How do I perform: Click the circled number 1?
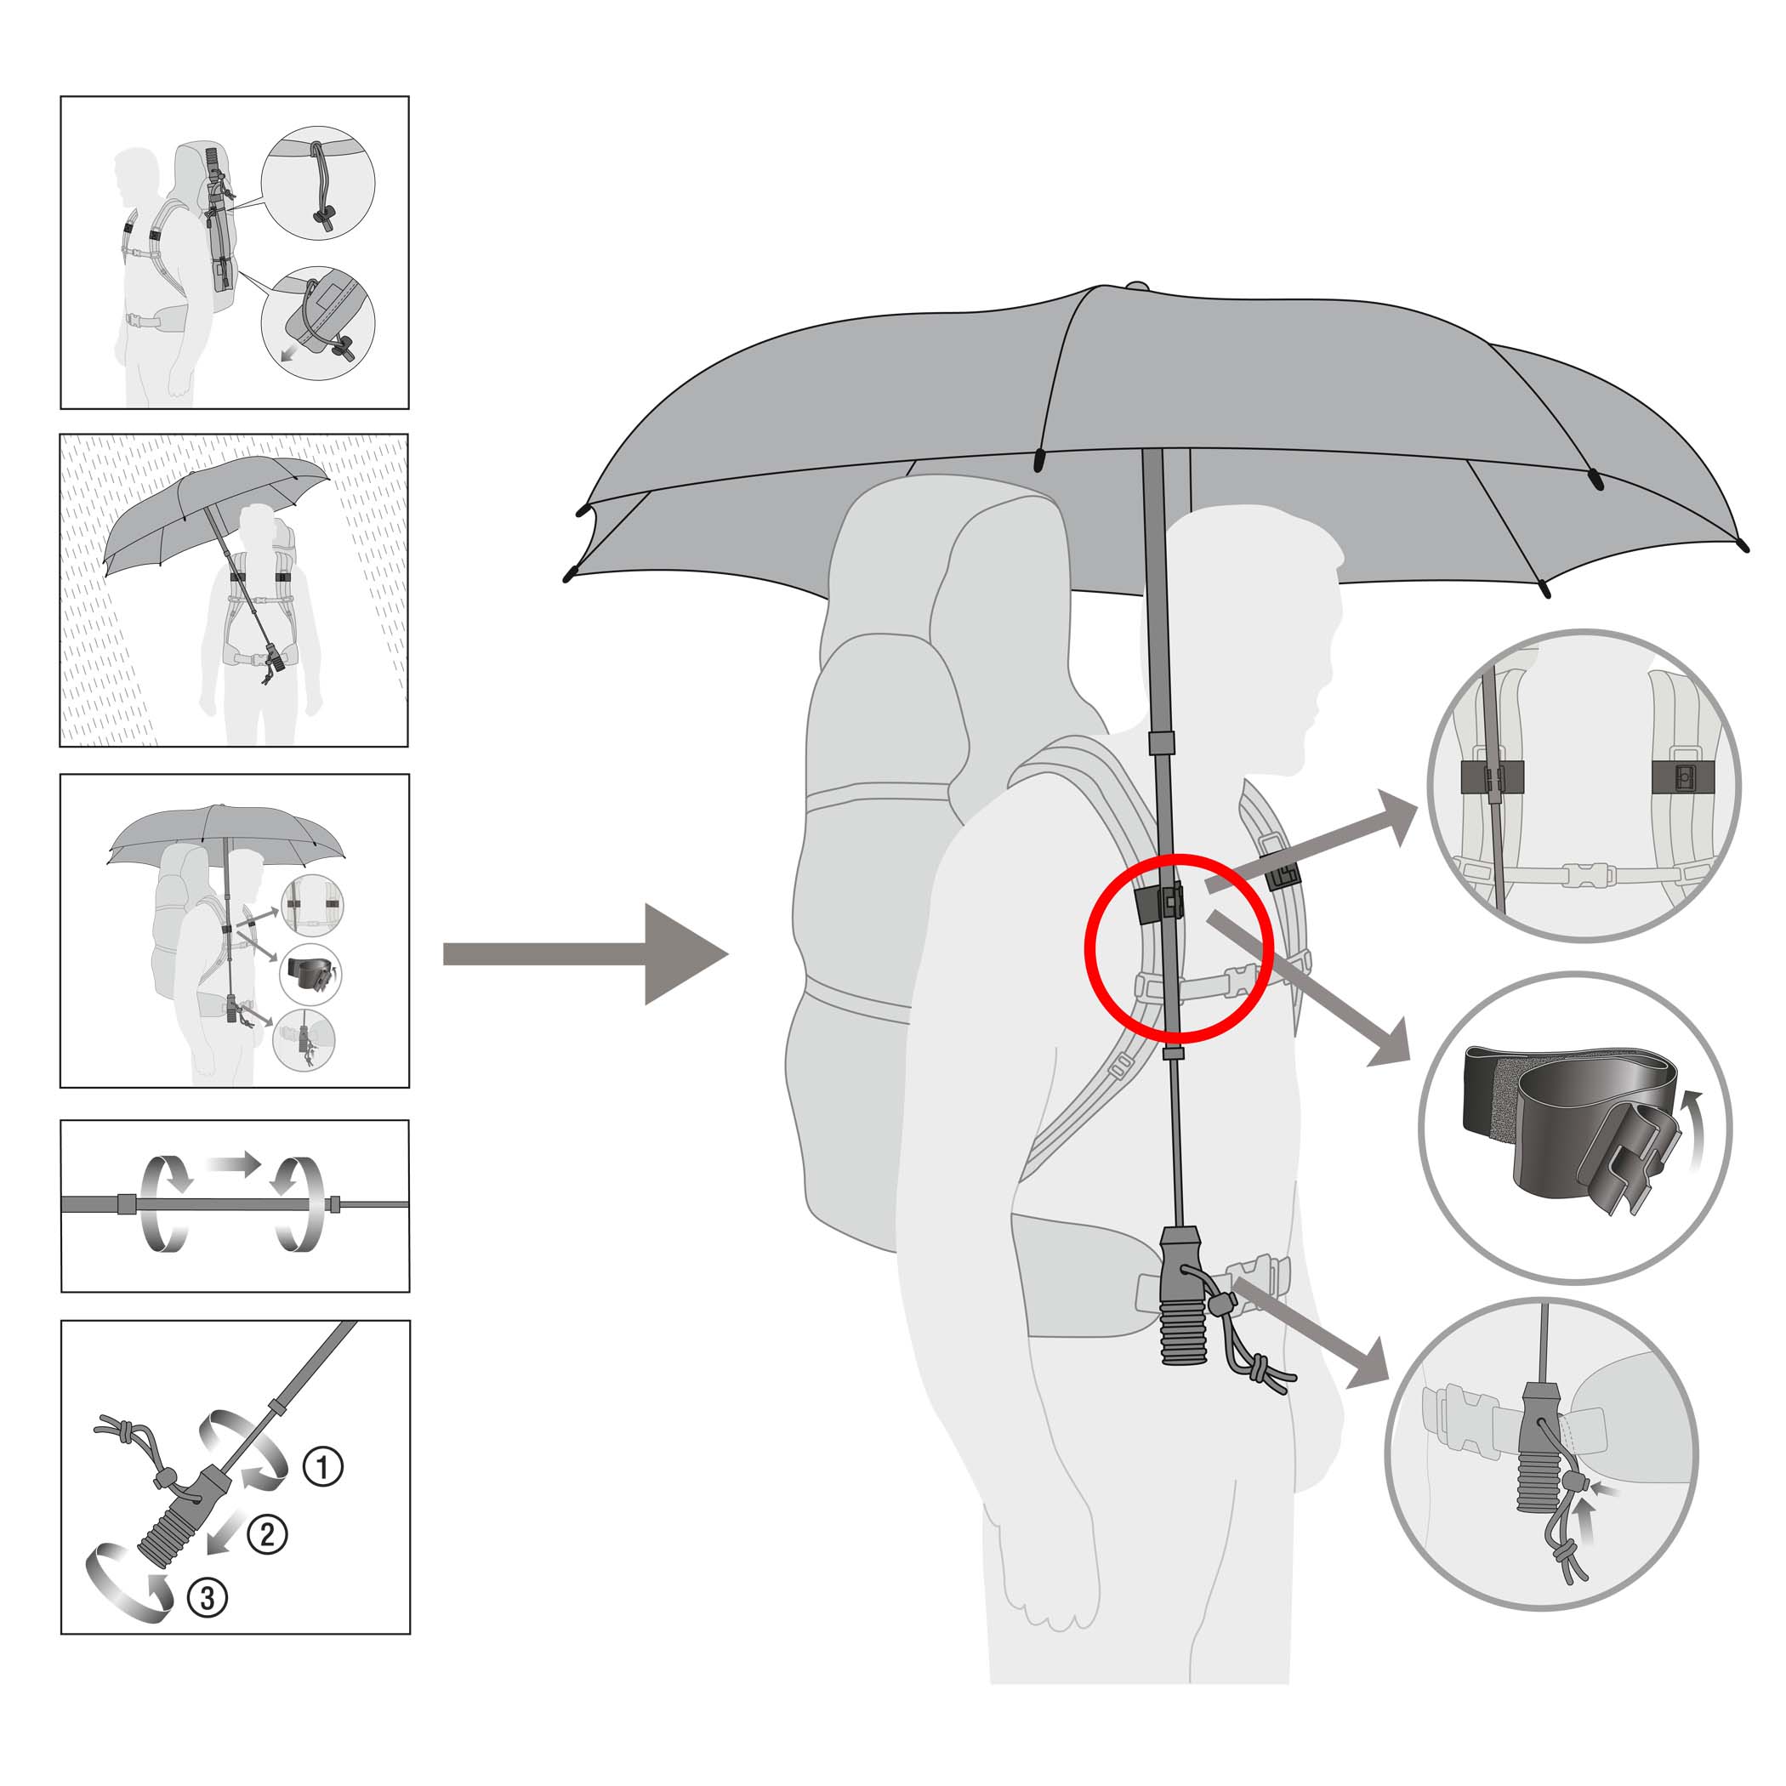click(x=323, y=1467)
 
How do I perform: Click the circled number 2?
click(x=267, y=1534)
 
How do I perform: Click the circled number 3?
click(x=207, y=1597)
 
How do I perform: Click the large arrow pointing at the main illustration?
click(x=585, y=955)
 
